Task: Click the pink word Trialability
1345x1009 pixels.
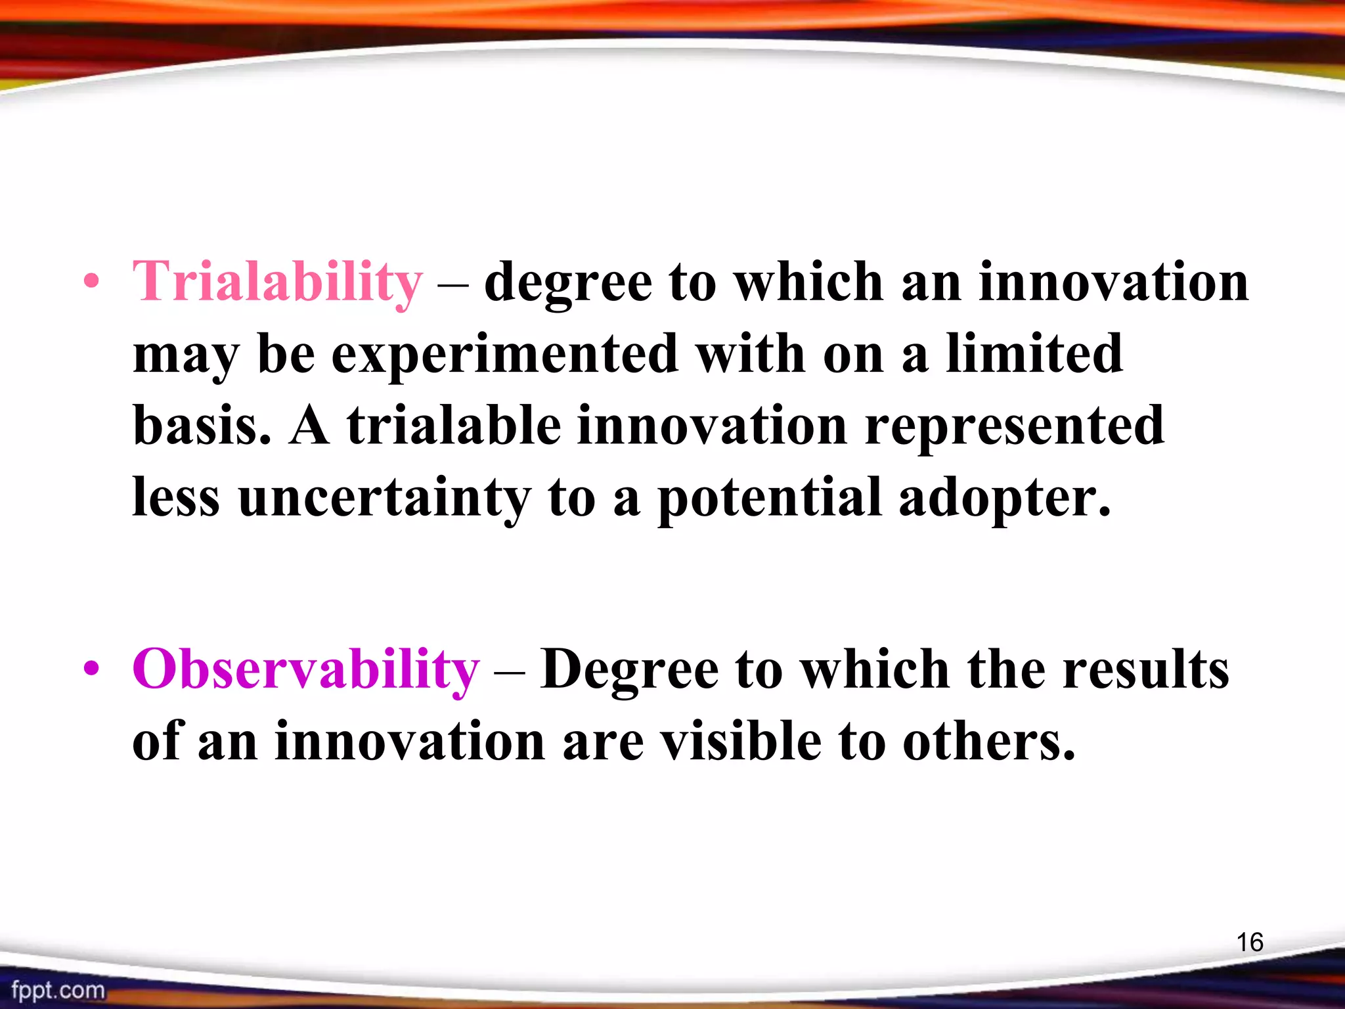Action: click(x=277, y=282)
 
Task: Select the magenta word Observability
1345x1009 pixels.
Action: click(x=306, y=670)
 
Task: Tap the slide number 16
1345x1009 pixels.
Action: click(x=1250, y=943)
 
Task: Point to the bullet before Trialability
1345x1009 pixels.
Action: click(x=91, y=283)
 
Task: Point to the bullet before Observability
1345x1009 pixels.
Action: click(x=91, y=670)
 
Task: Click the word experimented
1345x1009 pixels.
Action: click(x=504, y=355)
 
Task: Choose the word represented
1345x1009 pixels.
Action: click(x=1014, y=427)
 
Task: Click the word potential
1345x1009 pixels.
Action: click(x=769, y=499)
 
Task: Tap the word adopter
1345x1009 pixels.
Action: click(x=1004, y=499)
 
